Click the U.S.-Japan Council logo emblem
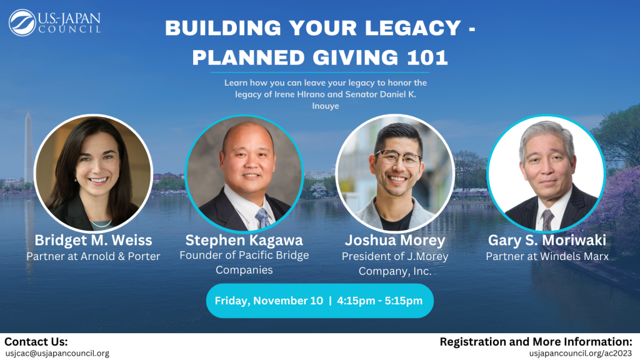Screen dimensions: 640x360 point(22,22)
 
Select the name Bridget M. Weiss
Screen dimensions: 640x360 point(94,240)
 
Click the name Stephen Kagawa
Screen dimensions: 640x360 point(244,240)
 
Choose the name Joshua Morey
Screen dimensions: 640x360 point(395,240)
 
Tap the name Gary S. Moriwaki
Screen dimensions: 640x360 point(547,240)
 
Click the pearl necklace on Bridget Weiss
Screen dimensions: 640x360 point(101,224)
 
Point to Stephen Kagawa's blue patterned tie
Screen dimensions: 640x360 point(262,218)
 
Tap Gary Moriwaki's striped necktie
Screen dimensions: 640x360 point(547,220)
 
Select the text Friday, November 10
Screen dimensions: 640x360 point(269,301)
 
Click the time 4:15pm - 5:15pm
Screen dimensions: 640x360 point(379,301)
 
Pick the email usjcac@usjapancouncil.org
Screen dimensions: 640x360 point(57,354)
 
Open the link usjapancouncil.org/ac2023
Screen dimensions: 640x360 point(581,354)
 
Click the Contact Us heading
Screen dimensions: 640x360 point(36,342)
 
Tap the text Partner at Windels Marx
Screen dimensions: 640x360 point(547,256)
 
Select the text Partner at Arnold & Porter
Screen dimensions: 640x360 point(93,256)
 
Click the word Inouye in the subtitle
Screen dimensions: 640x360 point(325,106)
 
